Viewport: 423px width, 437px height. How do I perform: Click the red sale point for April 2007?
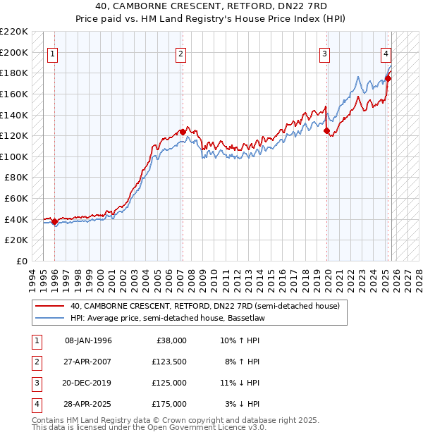(183, 132)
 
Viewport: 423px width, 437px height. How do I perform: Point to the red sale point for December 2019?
(326, 130)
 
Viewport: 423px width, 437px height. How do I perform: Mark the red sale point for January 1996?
(55, 222)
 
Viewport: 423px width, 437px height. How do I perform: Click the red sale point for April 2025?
(388, 78)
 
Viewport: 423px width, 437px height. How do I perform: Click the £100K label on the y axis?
(15, 156)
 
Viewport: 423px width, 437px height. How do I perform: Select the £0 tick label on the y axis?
(21, 261)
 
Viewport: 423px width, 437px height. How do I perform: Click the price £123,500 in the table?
(170, 362)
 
